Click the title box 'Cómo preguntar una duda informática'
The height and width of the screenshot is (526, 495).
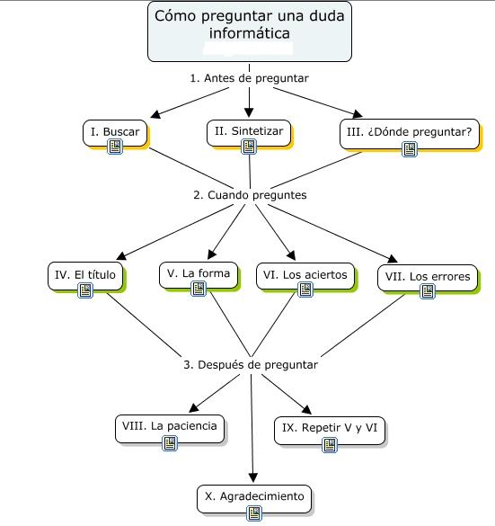click(x=250, y=31)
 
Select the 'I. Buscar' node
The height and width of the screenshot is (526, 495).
click(x=115, y=133)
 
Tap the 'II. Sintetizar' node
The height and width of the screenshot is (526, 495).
click(x=249, y=133)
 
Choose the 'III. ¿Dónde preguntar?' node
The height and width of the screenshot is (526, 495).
click(x=410, y=134)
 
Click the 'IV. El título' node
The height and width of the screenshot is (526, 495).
click(x=85, y=276)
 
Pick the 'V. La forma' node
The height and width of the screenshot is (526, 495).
click(x=199, y=275)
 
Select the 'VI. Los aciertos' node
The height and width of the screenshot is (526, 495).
click(x=305, y=276)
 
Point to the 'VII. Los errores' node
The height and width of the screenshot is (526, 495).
click(x=428, y=278)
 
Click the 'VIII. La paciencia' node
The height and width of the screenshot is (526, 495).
click(x=170, y=429)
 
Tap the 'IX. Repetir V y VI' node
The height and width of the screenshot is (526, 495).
click(x=330, y=431)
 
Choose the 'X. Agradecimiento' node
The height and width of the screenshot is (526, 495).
click(x=254, y=499)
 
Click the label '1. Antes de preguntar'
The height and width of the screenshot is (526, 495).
click(x=250, y=78)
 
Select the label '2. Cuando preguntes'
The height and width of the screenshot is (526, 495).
click(x=250, y=195)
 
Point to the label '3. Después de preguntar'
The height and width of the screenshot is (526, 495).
click(x=251, y=365)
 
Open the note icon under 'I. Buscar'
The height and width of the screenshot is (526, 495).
click(x=115, y=147)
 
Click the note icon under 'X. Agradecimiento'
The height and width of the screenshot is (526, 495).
click(x=254, y=513)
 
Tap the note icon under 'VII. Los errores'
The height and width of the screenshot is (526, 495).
click(x=428, y=291)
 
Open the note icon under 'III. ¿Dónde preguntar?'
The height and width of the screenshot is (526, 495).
click(x=410, y=149)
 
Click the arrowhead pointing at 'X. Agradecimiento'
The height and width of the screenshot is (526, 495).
click(x=253, y=477)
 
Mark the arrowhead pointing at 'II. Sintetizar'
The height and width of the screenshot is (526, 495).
click(x=249, y=112)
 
